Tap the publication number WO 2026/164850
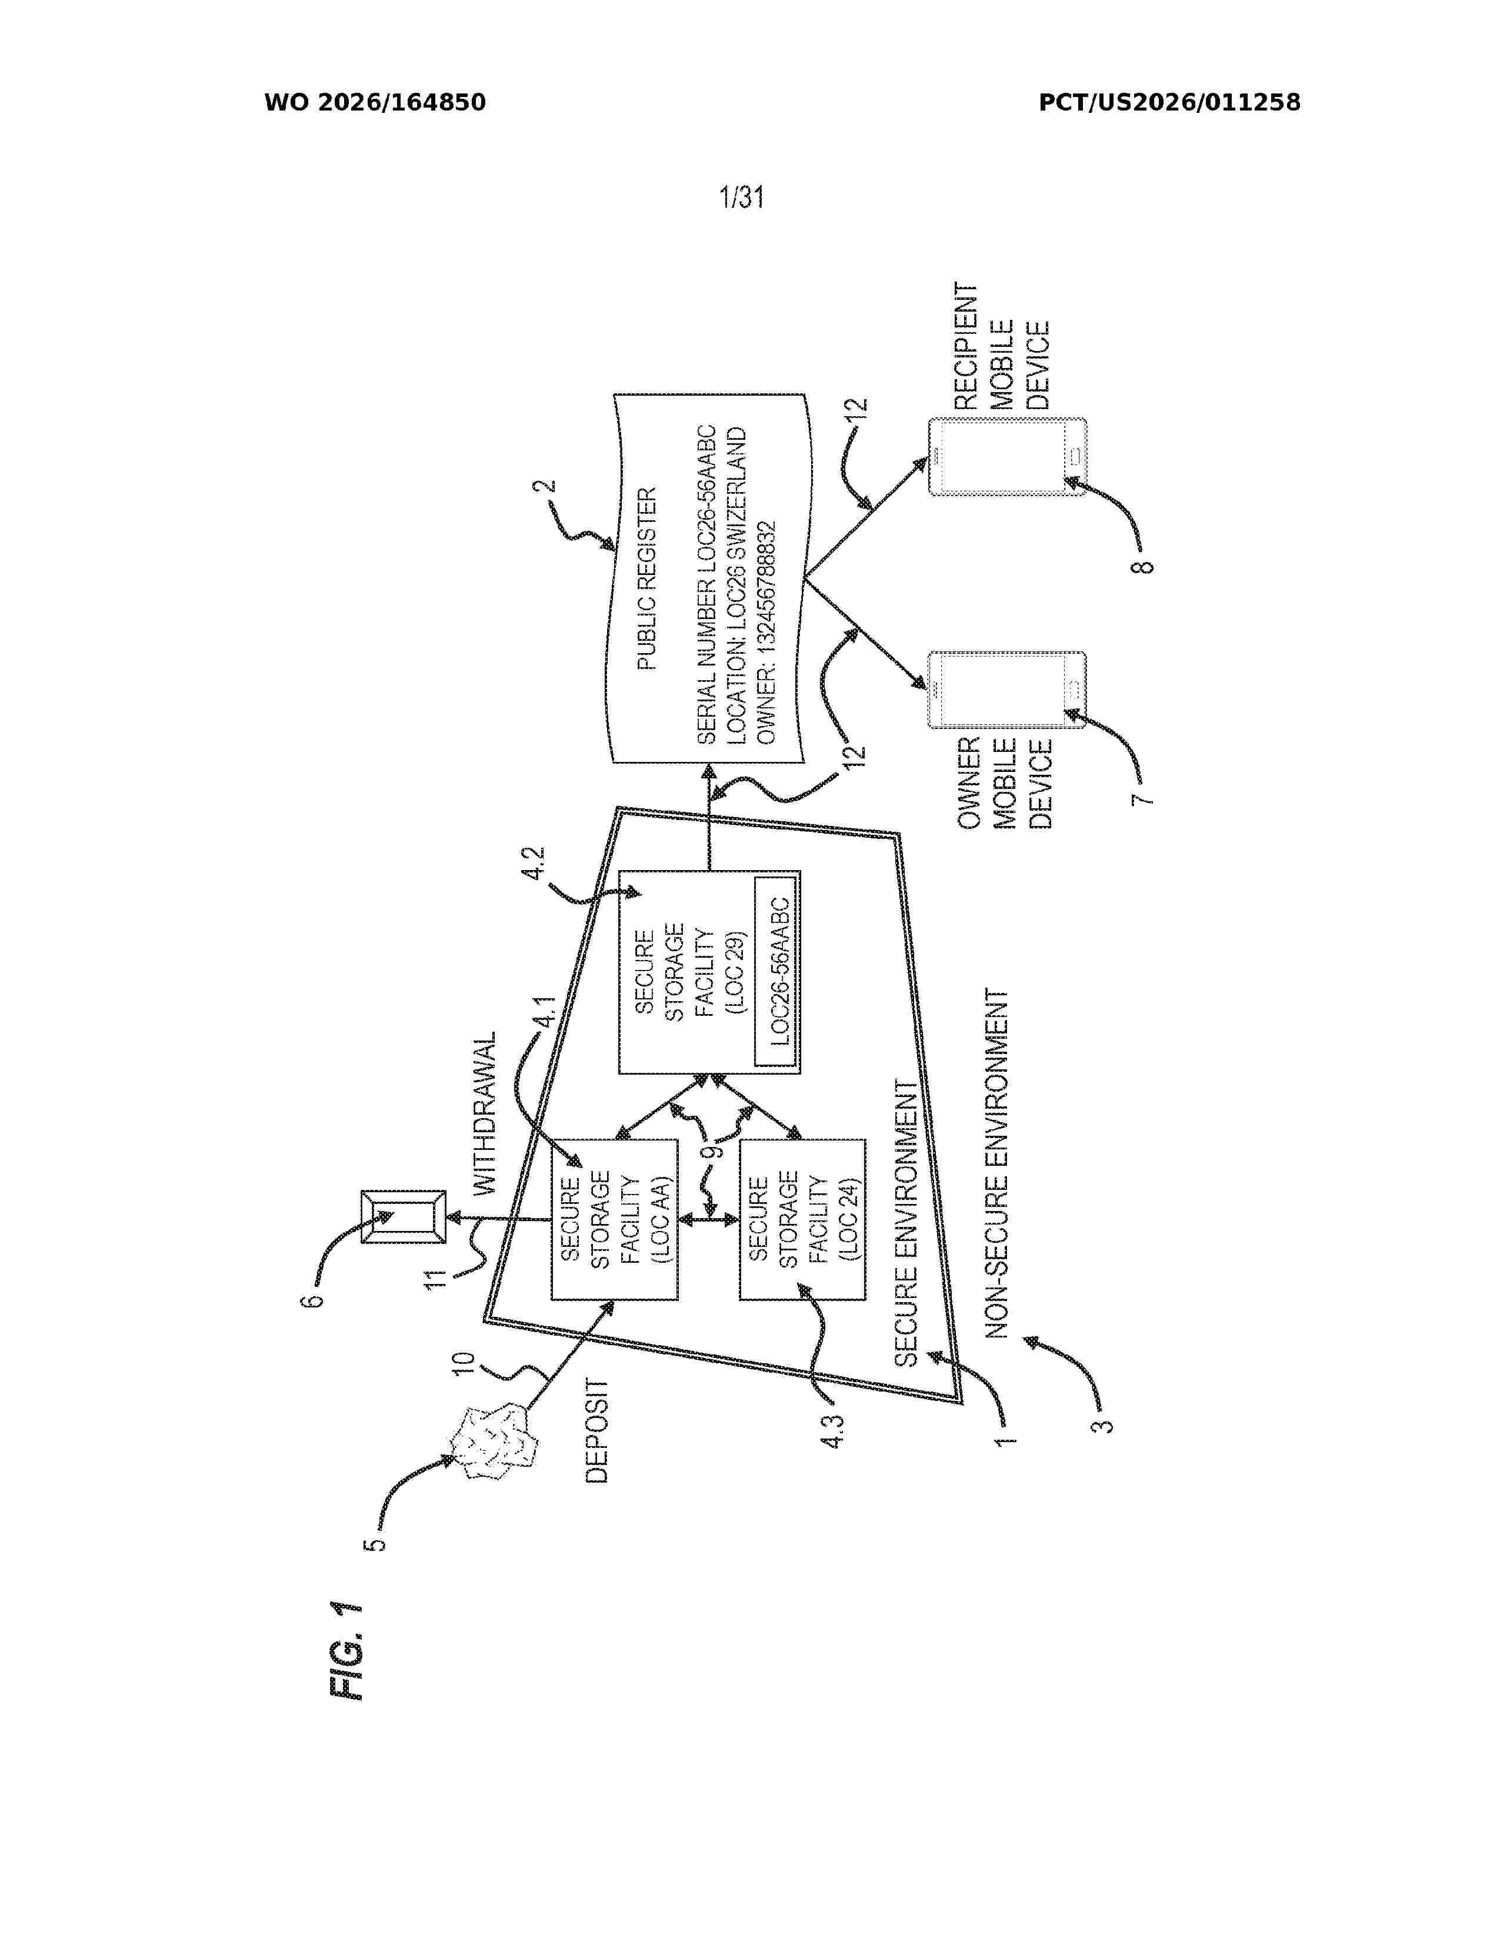(375, 103)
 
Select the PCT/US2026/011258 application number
(1169, 103)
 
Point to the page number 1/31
(742, 196)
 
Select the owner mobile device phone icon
(1007, 690)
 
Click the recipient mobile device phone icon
(1007, 457)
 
